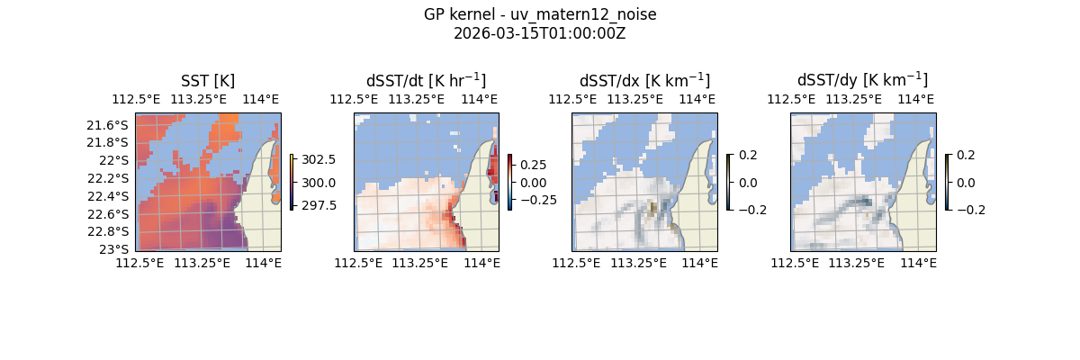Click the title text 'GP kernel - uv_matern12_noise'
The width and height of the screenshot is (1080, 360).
click(539, 14)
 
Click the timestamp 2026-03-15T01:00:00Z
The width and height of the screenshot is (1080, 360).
click(539, 33)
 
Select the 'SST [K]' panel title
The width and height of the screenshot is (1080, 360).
click(208, 80)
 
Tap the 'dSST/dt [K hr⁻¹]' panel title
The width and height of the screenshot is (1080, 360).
click(426, 80)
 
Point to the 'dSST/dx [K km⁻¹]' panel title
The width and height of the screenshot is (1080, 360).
click(644, 80)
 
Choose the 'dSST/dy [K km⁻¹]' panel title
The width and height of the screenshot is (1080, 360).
click(862, 80)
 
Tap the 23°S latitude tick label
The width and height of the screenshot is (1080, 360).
click(115, 249)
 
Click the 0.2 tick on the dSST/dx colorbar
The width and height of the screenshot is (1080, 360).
click(747, 155)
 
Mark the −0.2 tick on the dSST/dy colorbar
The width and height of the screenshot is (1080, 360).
click(969, 210)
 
